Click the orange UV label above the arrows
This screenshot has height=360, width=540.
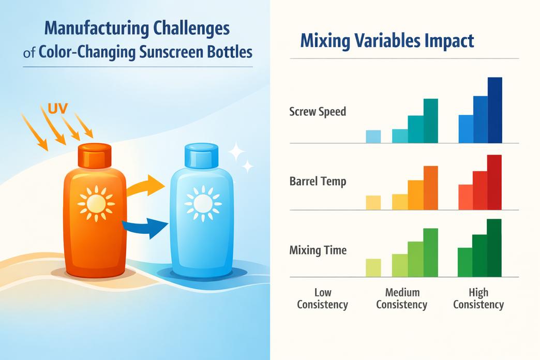point(58,109)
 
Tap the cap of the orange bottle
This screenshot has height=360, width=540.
point(95,156)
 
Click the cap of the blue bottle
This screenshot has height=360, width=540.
point(202,156)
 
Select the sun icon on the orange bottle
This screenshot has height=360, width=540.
point(96,204)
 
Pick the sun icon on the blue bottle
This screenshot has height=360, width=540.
point(203,204)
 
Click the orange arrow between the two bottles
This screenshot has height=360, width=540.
point(145,186)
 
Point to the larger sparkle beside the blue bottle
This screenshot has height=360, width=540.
point(236,151)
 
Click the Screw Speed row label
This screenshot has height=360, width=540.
point(318,112)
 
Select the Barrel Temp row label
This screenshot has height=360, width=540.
point(318,181)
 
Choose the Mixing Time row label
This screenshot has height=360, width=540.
point(318,250)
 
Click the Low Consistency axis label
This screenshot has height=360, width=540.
point(322,298)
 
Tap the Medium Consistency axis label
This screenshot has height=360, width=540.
point(401,298)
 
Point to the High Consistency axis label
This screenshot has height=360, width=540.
point(478,298)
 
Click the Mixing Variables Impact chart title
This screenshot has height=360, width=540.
point(387,41)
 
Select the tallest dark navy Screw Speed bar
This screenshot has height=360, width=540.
point(495,110)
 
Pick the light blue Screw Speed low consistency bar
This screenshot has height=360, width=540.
point(373,137)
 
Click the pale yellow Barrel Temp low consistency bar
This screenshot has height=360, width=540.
point(373,203)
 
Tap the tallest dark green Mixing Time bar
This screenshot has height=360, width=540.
point(494,248)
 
